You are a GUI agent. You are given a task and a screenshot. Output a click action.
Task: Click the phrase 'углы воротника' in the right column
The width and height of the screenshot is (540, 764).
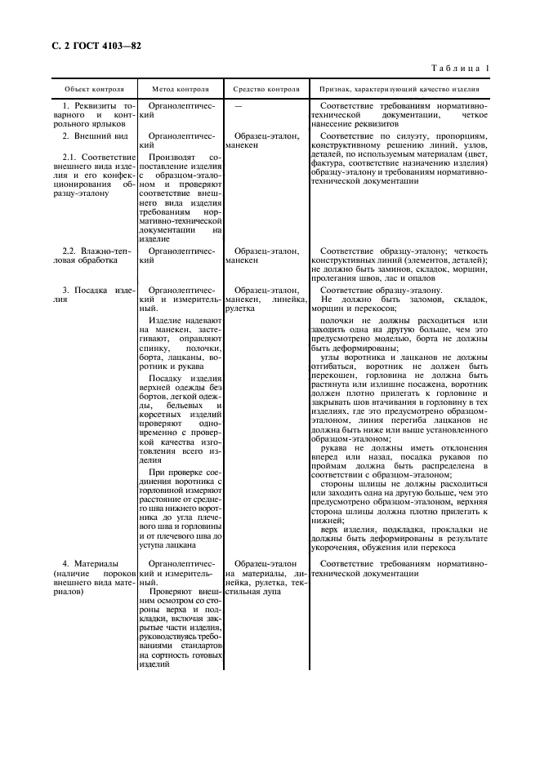tap(349, 358)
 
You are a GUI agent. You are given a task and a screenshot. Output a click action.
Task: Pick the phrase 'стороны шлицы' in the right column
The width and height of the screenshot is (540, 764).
tap(349, 484)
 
